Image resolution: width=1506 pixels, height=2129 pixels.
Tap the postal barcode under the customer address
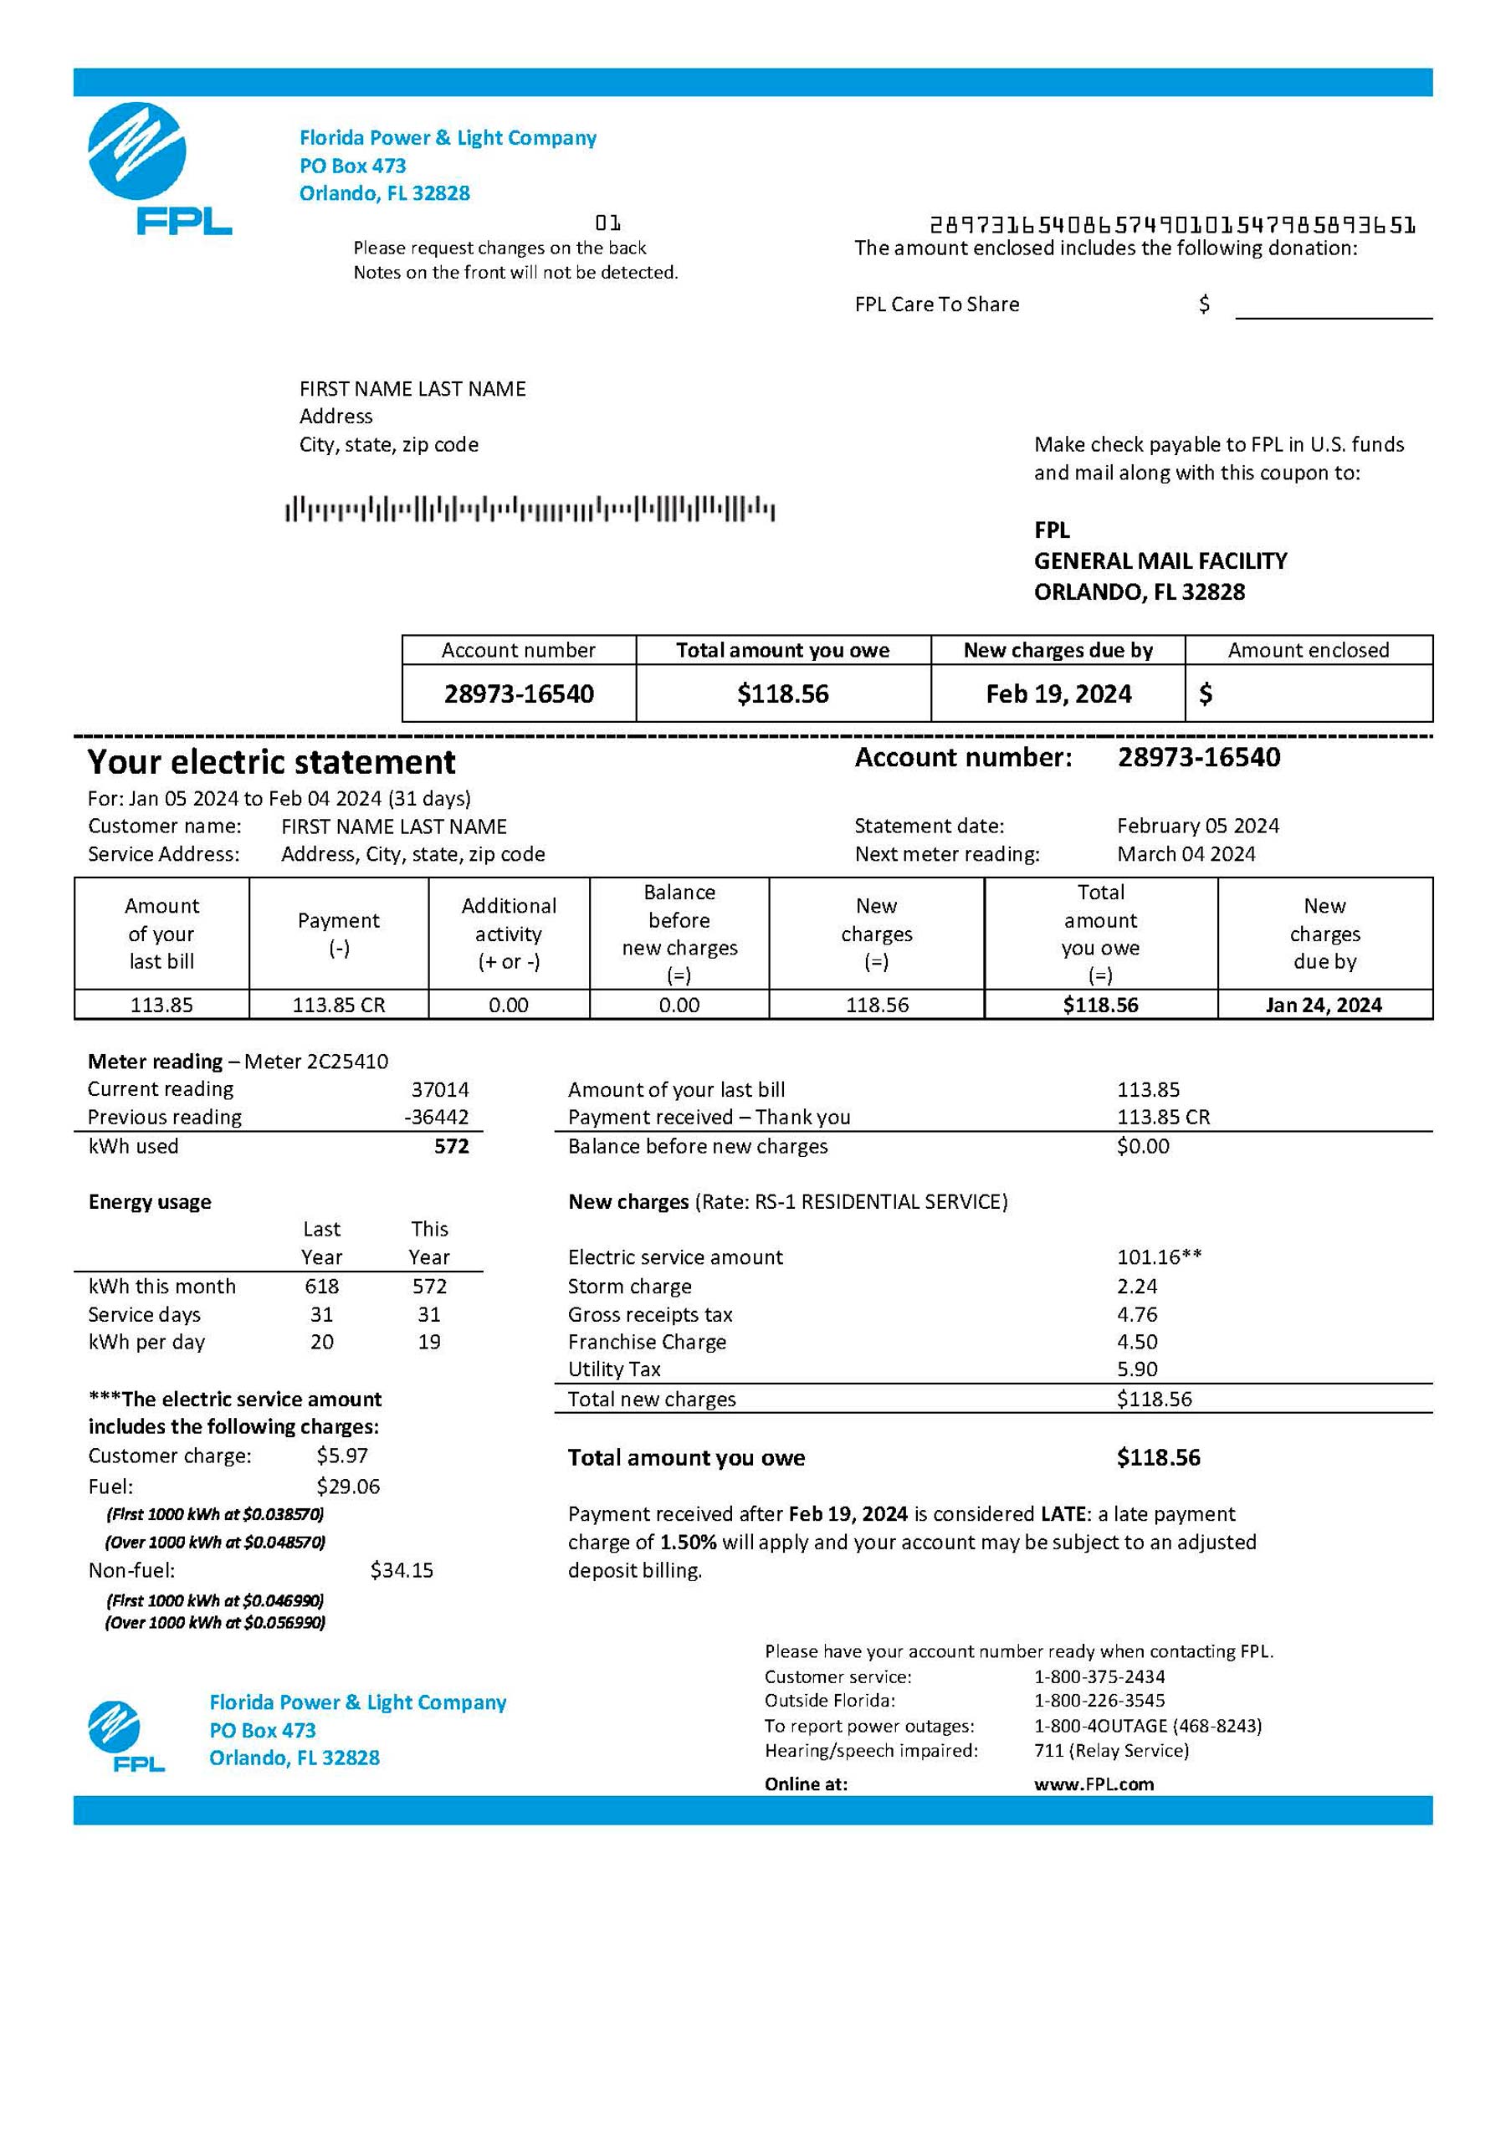tap(530, 509)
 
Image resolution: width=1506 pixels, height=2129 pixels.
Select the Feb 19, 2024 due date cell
tap(1058, 693)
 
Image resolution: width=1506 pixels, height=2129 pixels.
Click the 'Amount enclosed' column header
tap(1308, 650)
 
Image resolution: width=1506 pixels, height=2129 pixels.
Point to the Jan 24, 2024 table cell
tap(1324, 1006)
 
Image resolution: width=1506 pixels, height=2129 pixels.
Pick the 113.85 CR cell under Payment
tap(339, 1006)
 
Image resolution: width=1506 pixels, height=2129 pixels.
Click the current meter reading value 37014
tap(439, 1088)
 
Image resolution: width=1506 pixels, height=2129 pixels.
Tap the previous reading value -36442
tap(436, 1117)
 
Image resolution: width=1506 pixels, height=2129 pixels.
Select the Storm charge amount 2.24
tap(1137, 1286)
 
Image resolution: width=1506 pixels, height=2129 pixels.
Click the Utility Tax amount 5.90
tap(1137, 1369)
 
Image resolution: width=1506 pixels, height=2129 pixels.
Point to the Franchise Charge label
tap(647, 1342)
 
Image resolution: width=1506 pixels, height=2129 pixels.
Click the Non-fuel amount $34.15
tap(402, 1570)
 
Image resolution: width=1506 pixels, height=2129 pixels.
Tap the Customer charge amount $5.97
tap(341, 1456)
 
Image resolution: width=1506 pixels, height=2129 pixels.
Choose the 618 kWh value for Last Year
tap(322, 1286)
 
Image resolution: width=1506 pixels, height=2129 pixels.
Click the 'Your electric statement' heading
tap(271, 762)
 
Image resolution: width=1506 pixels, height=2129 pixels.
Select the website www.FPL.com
tap(1094, 1784)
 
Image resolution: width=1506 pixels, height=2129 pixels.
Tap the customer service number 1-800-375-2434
tap(1099, 1676)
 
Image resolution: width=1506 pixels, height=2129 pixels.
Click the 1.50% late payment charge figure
tap(687, 1542)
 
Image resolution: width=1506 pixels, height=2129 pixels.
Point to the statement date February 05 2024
tap(1197, 827)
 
